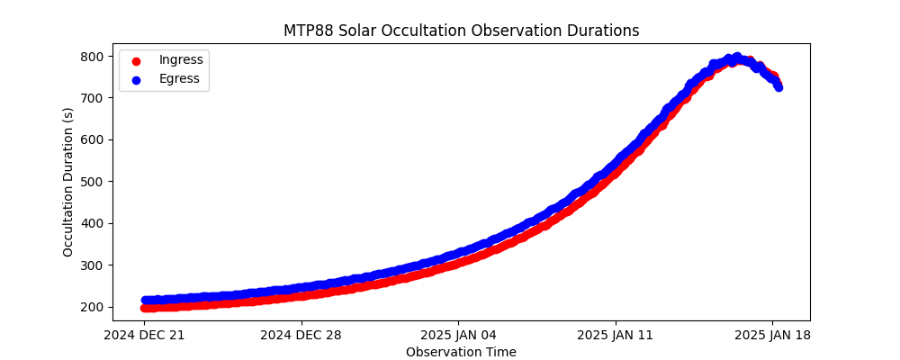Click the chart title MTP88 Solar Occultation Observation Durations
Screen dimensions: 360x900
(x=461, y=31)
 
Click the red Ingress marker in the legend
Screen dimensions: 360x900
(x=138, y=60)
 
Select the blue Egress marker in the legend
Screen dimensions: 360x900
(x=138, y=79)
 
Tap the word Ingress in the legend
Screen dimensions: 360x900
(x=181, y=59)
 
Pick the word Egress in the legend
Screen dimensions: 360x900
(x=179, y=79)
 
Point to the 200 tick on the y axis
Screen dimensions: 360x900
(x=94, y=307)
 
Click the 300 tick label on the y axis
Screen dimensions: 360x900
(x=94, y=265)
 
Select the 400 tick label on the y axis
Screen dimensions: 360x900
(x=94, y=223)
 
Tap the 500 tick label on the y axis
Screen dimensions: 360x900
(x=94, y=182)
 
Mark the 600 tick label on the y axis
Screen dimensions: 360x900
(x=94, y=139)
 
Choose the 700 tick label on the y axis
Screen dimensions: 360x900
(x=94, y=98)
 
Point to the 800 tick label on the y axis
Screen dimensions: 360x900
(x=94, y=56)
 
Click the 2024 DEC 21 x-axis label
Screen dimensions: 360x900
(x=144, y=336)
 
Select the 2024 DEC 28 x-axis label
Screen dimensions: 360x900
(x=301, y=336)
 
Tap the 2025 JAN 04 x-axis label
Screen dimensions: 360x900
(x=459, y=336)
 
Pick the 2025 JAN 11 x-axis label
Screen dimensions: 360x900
(x=616, y=336)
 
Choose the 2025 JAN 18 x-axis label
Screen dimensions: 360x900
(x=773, y=336)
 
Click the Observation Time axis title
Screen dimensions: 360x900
(x=461, y=352)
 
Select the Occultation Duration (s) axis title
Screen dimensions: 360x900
(x=68, y=182)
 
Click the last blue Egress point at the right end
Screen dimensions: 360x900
(x=778, y=87)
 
